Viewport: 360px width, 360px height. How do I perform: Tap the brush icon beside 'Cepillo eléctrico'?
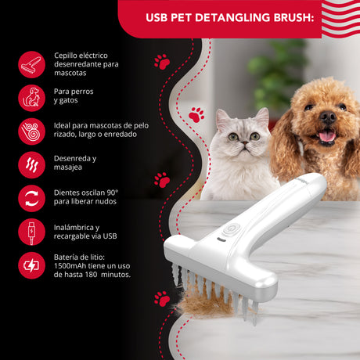point(31,64)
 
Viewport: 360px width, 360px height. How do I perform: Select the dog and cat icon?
point(31,98)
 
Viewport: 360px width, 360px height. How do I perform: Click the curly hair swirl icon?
point(31,131)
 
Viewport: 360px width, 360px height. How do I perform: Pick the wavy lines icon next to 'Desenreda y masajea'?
point(31,165)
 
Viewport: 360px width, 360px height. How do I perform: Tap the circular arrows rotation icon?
point(31,198)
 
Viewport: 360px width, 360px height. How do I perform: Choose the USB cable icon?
point(31,232)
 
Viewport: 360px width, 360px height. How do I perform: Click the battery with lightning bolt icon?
point(31,265)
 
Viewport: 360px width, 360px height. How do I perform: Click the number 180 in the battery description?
point(91,275)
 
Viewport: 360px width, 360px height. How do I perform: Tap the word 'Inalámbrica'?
point(74,227)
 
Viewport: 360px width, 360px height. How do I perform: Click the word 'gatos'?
point(69,101)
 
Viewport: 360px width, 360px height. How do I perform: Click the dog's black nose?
point(328,117)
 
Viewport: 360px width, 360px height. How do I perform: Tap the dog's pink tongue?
point(327,136)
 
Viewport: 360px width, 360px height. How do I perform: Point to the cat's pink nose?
point(245,142)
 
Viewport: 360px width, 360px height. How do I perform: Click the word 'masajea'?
point(68,167)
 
